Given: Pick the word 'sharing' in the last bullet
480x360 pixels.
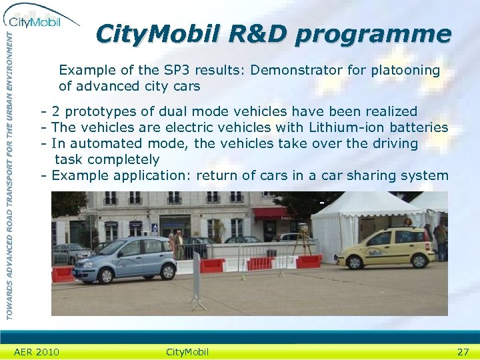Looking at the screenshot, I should pos(372,175).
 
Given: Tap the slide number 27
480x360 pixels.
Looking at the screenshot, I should pos(463,352).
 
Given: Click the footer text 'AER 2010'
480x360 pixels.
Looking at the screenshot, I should pos(36,352).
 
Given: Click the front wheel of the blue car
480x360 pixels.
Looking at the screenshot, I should pos(87,273).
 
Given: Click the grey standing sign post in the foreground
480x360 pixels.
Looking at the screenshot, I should pos(197,280).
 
